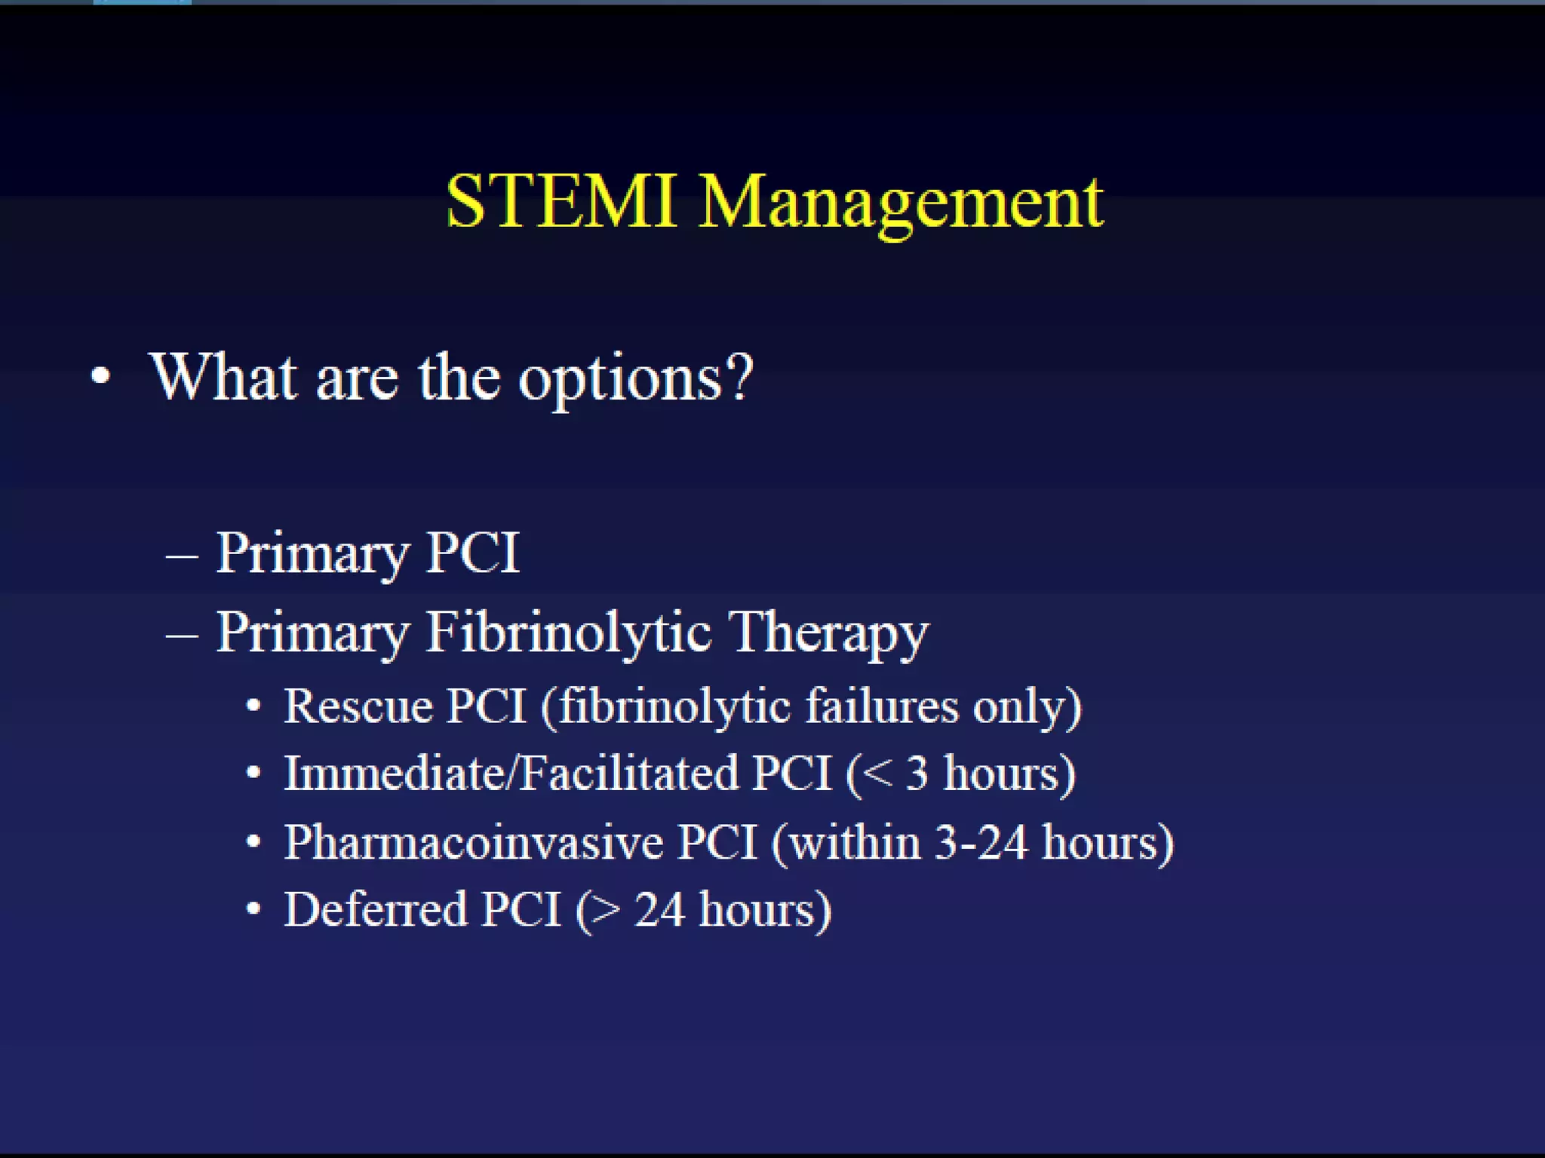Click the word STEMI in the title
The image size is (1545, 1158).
pos(560,202)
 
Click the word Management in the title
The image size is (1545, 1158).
pos(901,204)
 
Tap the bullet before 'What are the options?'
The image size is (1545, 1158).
pos(100,375)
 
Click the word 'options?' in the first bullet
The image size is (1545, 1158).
pos(635,378)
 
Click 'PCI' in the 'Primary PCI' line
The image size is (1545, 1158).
pos(473,553)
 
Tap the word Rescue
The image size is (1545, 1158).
pos(358,706)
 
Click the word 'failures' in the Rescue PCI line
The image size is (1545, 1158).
pos(881,706)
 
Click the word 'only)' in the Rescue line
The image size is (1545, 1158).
pos(1027,708)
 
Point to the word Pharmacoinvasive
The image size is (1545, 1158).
pos(474,841)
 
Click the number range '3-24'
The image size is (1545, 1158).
pos(981,841)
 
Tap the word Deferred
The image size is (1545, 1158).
pos(375,909)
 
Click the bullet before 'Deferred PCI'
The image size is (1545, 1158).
pos(254,909)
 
